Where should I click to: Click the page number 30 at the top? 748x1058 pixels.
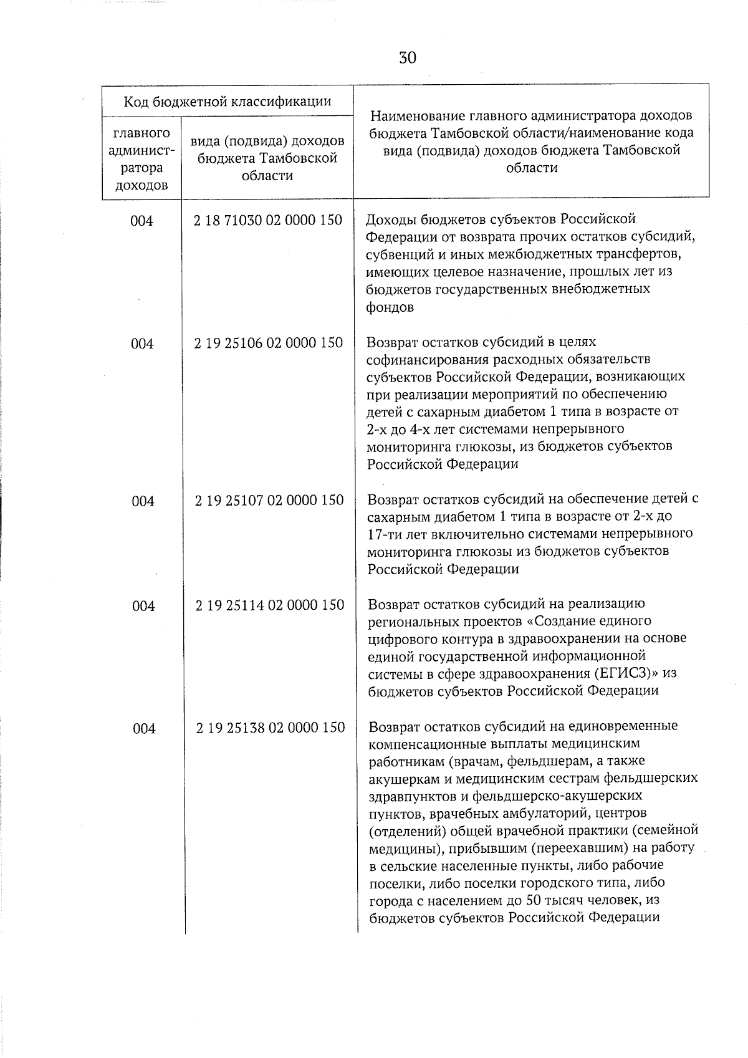tap(408, 58)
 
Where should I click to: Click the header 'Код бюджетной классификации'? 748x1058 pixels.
tap(227, 101)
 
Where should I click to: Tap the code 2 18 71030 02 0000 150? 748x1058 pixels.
tap(268, 220)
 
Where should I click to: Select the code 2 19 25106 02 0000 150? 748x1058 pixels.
tap(269, 343)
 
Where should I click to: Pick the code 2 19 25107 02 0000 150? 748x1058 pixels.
tap(269, 500)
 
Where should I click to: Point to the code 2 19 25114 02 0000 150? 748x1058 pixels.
tap(270, 605)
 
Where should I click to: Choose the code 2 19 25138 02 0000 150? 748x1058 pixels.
tap(271, 728)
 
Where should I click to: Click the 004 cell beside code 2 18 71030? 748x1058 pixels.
tap(142, 221)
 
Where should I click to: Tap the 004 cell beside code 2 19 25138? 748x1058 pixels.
tap(144, 728)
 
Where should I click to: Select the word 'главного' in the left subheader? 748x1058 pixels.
tap(141, 133)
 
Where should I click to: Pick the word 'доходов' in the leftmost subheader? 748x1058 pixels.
tap(141, 185)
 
